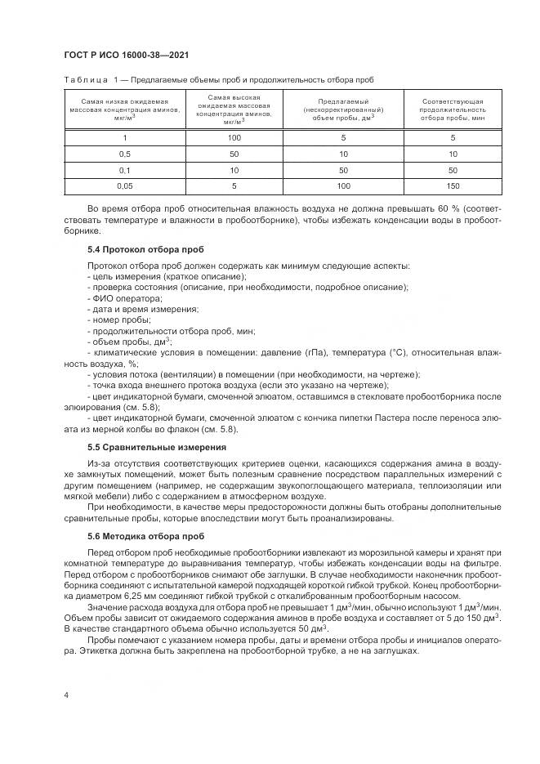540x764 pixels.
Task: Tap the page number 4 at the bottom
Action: [x=65, y=695]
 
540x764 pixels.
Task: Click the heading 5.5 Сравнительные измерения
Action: [x=157, y=447]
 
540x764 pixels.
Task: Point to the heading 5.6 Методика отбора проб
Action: [x=147, y=536]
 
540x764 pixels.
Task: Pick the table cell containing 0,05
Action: [x=125, y=186]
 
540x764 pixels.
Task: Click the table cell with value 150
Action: [x=452, y=186]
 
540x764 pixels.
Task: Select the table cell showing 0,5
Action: [x=125, y=154]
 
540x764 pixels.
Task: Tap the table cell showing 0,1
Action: [x=125, y=170]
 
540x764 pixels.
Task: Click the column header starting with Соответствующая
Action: [x=452, y=109]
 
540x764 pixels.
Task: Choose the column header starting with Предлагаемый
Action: [x=343, y=109]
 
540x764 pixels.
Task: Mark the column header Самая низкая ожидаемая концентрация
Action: [x=125, y=109]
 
